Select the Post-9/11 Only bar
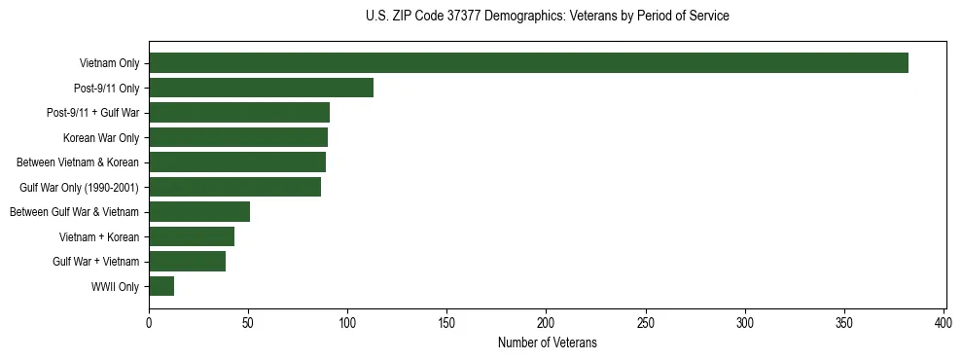(261, 88)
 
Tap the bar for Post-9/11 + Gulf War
(239, 113)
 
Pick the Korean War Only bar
(238, 137)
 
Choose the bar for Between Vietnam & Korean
(237, 162)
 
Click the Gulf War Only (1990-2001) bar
(234, 187)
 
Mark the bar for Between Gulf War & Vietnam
(199, 212)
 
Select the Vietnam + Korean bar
(192, 236)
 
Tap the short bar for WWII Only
(161, 286)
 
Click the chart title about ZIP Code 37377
(547, 17)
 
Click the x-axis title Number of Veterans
(547, 343)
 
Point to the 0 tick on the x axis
(149, 322)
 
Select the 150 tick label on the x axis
(447, 322)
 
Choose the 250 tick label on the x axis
(646, 322)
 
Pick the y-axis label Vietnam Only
(109, 64)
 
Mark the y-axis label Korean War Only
(101, 138)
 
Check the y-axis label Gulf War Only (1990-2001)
(79, 188)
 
